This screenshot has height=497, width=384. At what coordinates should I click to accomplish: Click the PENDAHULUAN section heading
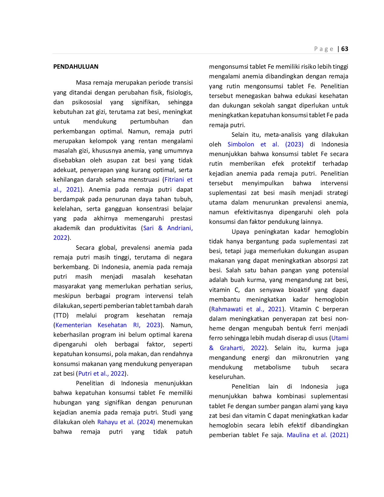point(76,67)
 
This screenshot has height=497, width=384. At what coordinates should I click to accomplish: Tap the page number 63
point(345,49)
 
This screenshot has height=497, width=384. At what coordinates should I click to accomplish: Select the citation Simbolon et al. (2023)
point(265,144)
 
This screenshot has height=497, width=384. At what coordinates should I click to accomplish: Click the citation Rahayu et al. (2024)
point(126,422)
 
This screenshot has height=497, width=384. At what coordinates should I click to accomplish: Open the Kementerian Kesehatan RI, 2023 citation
point(108,325)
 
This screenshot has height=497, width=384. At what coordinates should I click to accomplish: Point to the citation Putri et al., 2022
point(101,374)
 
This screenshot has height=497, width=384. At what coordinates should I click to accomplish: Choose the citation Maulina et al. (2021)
point(317,435)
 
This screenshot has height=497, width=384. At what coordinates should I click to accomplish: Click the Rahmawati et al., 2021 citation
point(246,309)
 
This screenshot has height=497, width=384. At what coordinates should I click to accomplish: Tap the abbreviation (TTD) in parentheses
point(61,315)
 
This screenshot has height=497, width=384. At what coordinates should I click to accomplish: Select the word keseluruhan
point(227,377)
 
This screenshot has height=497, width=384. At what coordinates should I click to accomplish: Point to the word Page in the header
point(324,49)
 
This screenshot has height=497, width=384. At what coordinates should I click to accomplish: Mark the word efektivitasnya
point(254,212)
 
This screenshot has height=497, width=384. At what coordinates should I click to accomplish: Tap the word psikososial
point(87,102)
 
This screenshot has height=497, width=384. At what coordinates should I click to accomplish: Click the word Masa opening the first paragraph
point(83,83)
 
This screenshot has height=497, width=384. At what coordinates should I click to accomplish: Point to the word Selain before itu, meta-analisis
point(240,135)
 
